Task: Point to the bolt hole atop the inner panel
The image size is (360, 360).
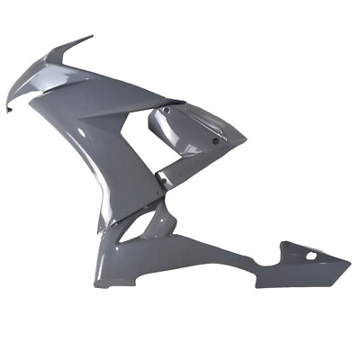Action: coord(165,109)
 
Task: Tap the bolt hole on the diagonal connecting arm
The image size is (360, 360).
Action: coord(164,183)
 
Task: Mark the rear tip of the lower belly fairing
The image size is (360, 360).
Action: coord(349,264)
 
